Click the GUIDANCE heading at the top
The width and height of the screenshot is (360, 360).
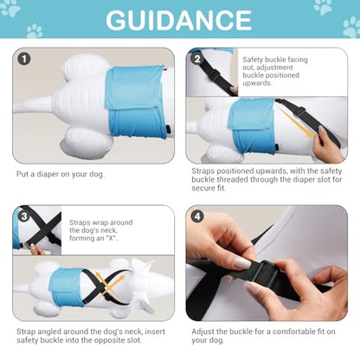179,20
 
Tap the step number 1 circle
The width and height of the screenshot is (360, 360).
24,59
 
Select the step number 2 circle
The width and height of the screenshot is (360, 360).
197,59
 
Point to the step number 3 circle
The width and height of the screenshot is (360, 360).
24,216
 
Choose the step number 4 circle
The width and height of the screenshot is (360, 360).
197,216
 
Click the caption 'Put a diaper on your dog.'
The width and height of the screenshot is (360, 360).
61,174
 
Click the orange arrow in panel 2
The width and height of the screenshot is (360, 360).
295,121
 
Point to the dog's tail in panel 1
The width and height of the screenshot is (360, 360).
33,105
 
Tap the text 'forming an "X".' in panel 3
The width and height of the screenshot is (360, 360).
93,238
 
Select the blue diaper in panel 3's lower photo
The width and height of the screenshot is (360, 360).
67,287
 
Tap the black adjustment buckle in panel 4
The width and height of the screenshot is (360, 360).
266,274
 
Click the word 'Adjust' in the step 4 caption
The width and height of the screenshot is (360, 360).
202,331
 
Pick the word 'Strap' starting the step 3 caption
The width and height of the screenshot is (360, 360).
26,331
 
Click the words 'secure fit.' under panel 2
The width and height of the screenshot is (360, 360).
209,188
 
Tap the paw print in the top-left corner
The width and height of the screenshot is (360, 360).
10,8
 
